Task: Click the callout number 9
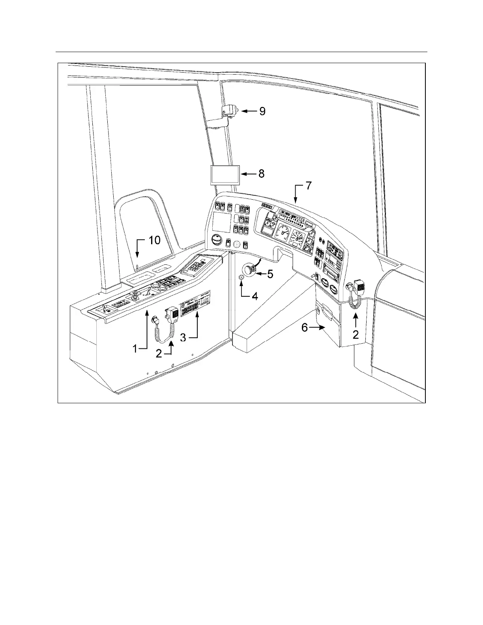tap(262, 111)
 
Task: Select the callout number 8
tap(261, 174)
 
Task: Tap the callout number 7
tap(309, 186)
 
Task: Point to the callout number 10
tap(154, 240)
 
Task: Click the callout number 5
tap(270, 274)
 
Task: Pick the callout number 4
tap(255, 296)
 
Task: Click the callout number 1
tap(135, 349)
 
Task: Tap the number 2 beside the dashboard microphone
tap(356, 335)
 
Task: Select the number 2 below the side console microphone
tap(159, 354)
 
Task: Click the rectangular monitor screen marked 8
tap(225, 174)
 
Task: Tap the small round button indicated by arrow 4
tap(241, 277)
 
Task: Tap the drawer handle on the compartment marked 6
tap(329, 311)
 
